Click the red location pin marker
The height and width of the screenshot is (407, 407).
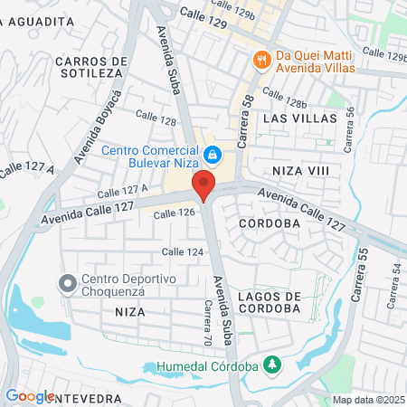pyautogui.click(x=203, y=186)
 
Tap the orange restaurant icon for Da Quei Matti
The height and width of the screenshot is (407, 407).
pyautogui.click(x=261, y=60)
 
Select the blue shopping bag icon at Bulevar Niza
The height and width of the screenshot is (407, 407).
pyautogui.click(x=212, y=156)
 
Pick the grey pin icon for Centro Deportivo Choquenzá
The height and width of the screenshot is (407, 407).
pyautogui.click(x=67, y=284)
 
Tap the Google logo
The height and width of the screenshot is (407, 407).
pyautogui.click(x=29, y=395)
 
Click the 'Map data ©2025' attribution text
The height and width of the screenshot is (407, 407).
pyautogui.click(x=367, y=400)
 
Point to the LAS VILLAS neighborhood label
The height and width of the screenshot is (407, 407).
pyautogui.click(x=299, y=118)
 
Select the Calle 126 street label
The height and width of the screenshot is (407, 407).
pyautogui.click(x=174, y=213)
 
